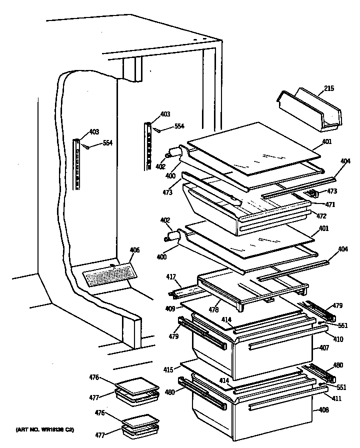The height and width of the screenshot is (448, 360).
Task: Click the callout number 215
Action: pyautogui.click(x=329, y=89)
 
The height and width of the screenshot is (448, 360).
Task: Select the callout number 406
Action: pyautogui.click(x=134, y=250)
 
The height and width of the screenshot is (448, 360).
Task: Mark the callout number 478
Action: pyautogui.click(x=214, y=309)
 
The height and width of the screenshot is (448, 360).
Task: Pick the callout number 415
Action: pyautogui.click(x=168, y=370)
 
